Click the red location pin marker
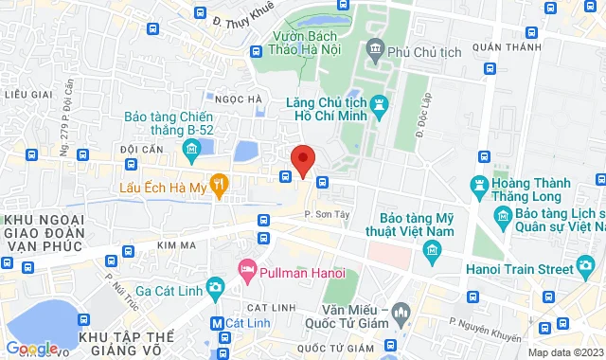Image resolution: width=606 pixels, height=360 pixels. pos(302,158)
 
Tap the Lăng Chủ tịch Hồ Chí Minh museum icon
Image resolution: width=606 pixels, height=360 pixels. pos(381,102)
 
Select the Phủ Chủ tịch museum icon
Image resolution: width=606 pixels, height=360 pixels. pos(375,48)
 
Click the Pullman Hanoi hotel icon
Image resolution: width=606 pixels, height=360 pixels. pos(247,271)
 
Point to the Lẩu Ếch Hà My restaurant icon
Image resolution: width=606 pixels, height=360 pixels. pos(220,186)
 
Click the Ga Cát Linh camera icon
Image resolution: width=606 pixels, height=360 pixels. pos(216,287)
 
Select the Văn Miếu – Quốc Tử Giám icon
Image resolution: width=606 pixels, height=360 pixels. pos(401,311)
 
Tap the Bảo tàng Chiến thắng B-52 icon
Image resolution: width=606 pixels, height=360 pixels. pos(190,148)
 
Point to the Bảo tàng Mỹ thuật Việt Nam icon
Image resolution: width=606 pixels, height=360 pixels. pos(433,250)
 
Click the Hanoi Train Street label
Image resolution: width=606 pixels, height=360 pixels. pos(527,269)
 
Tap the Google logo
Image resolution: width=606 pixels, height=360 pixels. pos(31,349)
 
